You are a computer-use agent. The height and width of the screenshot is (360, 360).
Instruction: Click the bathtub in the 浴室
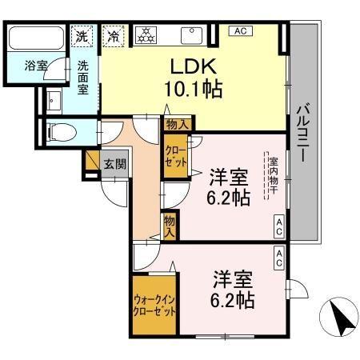38,38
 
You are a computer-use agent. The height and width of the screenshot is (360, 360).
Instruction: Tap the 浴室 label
35,66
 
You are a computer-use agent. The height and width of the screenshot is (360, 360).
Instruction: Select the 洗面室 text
84,78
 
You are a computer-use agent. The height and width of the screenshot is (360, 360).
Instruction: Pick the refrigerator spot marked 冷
114,36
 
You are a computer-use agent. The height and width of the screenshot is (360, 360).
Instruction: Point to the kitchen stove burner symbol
147,36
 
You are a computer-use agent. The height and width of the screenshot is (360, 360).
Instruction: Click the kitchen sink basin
192,34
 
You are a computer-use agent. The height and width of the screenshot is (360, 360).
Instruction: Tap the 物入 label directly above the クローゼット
178,124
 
